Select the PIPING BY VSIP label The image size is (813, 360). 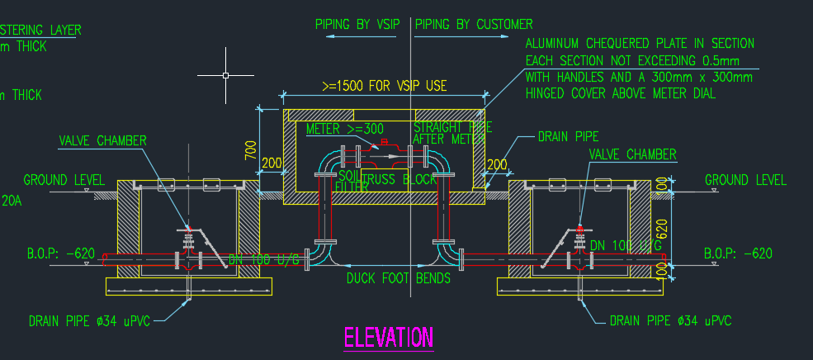[357, 25]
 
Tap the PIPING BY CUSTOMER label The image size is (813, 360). [474, 25]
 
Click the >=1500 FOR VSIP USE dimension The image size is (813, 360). [384, 85]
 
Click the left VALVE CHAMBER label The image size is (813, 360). [102, 140]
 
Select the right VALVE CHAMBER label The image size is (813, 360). [632, 154]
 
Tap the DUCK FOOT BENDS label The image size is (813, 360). [399, 278]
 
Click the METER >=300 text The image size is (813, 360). [345, 129]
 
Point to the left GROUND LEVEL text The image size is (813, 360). [64, 180]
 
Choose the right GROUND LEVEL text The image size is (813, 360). [745, 180]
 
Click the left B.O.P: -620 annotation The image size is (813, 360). [61, 253]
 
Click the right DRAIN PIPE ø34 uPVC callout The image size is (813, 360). [670, 320]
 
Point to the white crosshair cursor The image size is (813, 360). [226, 75]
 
